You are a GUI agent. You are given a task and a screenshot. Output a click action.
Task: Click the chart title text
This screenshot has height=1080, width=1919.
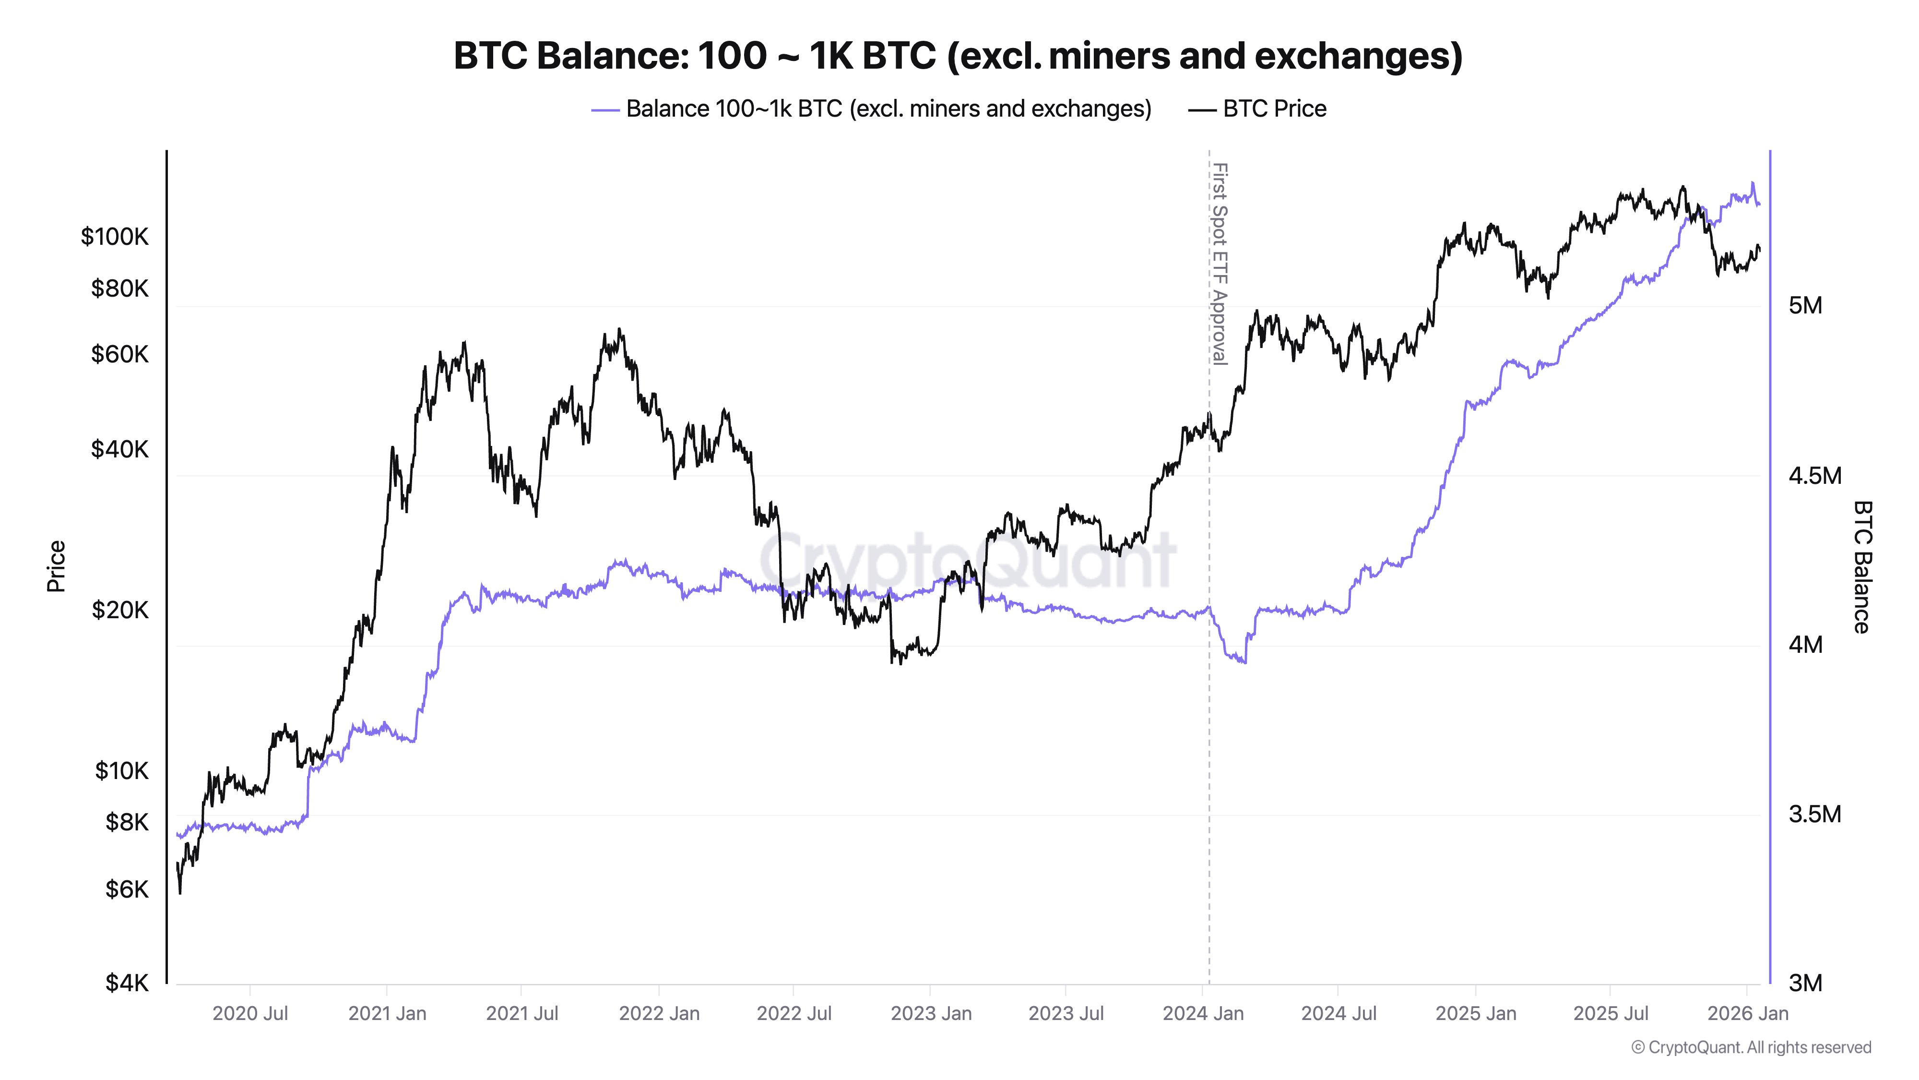[958, 56]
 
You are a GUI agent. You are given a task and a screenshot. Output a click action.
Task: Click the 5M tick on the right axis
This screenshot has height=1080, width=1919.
[1805, 306]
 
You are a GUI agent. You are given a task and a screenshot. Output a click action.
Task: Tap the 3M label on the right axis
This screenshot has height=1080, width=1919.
[1805, 983]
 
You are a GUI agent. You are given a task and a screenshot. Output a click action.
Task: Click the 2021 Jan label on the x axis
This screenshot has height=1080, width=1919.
[387, 1014]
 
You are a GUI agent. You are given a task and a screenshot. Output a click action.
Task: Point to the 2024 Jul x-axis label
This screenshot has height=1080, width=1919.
[1339, 1014]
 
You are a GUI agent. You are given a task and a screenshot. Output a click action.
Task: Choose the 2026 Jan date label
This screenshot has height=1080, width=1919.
[1747, 1014]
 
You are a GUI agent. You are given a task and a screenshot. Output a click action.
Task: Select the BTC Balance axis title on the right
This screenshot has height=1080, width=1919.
[1861, 566]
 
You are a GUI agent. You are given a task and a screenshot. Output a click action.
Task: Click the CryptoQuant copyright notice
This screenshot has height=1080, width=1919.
[1751, 1047]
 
